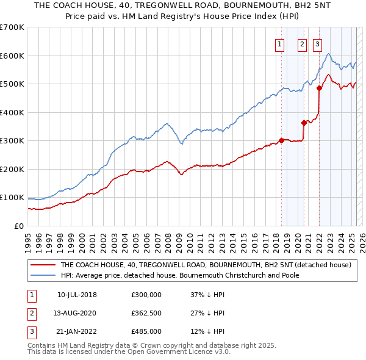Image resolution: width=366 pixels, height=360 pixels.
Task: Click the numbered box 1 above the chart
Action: click(x=279, y=43)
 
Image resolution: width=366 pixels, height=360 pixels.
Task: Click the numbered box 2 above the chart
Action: click(x=302, y=43)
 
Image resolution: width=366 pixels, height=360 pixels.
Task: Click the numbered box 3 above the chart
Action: click(x=318, y=43)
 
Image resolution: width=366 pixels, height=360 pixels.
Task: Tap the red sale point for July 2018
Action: click(x=281, y=140)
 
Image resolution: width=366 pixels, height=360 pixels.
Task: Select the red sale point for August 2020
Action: click(x=304, y=123)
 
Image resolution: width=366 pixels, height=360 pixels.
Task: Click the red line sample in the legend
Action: click(x=43, y=265)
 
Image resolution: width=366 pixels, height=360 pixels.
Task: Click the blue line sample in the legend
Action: click(x=43, y=275)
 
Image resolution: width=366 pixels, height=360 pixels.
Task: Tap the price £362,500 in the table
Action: click(x=146, y=313)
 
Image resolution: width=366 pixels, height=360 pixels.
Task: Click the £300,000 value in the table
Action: click(x=146, y=295)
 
